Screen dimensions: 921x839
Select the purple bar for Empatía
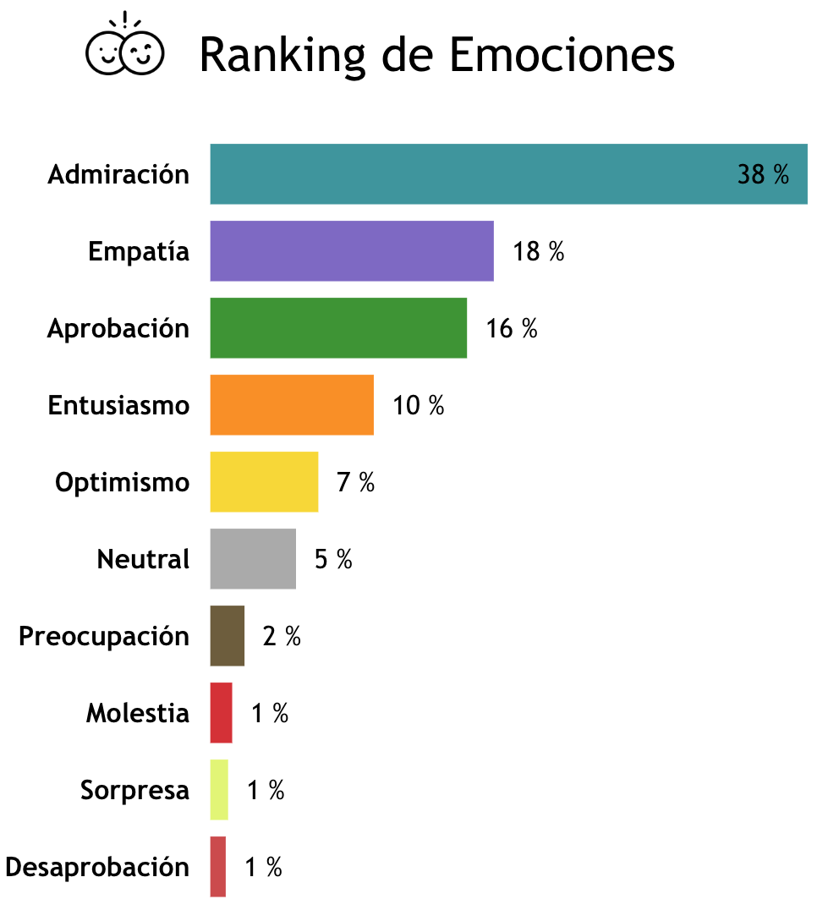352,251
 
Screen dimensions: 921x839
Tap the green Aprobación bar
338,328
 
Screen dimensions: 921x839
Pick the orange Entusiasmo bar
292,405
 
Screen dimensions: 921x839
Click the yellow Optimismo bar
264,482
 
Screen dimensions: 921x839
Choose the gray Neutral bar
253,559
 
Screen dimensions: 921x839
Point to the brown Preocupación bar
228,636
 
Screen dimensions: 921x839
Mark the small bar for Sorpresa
219,790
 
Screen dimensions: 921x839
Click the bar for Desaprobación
218,867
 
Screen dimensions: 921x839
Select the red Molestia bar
221,713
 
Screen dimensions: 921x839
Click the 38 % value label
763,175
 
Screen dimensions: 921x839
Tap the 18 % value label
539,252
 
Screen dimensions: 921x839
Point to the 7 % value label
355,483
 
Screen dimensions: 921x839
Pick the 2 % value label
282,637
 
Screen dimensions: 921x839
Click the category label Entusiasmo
118,406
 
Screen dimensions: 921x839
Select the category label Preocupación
104,636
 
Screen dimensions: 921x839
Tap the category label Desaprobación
97,867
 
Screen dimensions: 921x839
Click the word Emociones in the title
562,55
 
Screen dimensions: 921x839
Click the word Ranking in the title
282,57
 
